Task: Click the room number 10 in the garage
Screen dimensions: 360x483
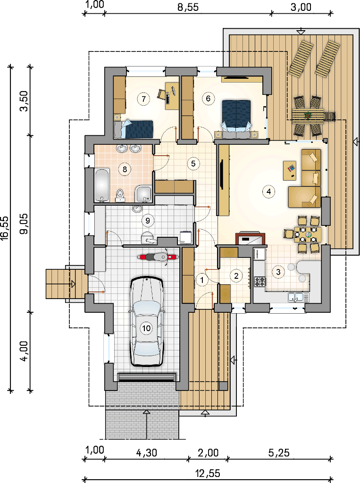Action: [146, 328]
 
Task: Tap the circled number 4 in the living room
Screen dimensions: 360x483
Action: [268, 192]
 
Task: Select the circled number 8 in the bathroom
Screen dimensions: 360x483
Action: [125, 169]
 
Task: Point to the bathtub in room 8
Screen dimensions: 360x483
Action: [102, 185]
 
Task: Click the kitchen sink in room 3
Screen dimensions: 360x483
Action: [298, 298]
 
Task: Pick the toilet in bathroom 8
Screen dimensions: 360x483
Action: [120, 195]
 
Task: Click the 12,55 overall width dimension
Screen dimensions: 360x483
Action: [208, 473]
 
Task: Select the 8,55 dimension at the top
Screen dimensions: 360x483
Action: [187, 7]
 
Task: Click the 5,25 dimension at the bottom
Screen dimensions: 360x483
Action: [279, 452]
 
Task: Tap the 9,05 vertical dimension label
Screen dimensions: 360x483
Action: [25, 224]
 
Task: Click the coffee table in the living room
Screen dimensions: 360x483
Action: [290, 170]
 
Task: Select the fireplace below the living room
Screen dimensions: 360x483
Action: [250, 239]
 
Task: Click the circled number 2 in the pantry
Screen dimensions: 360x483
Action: [236, 275]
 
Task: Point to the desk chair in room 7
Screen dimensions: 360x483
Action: [162, 94]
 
